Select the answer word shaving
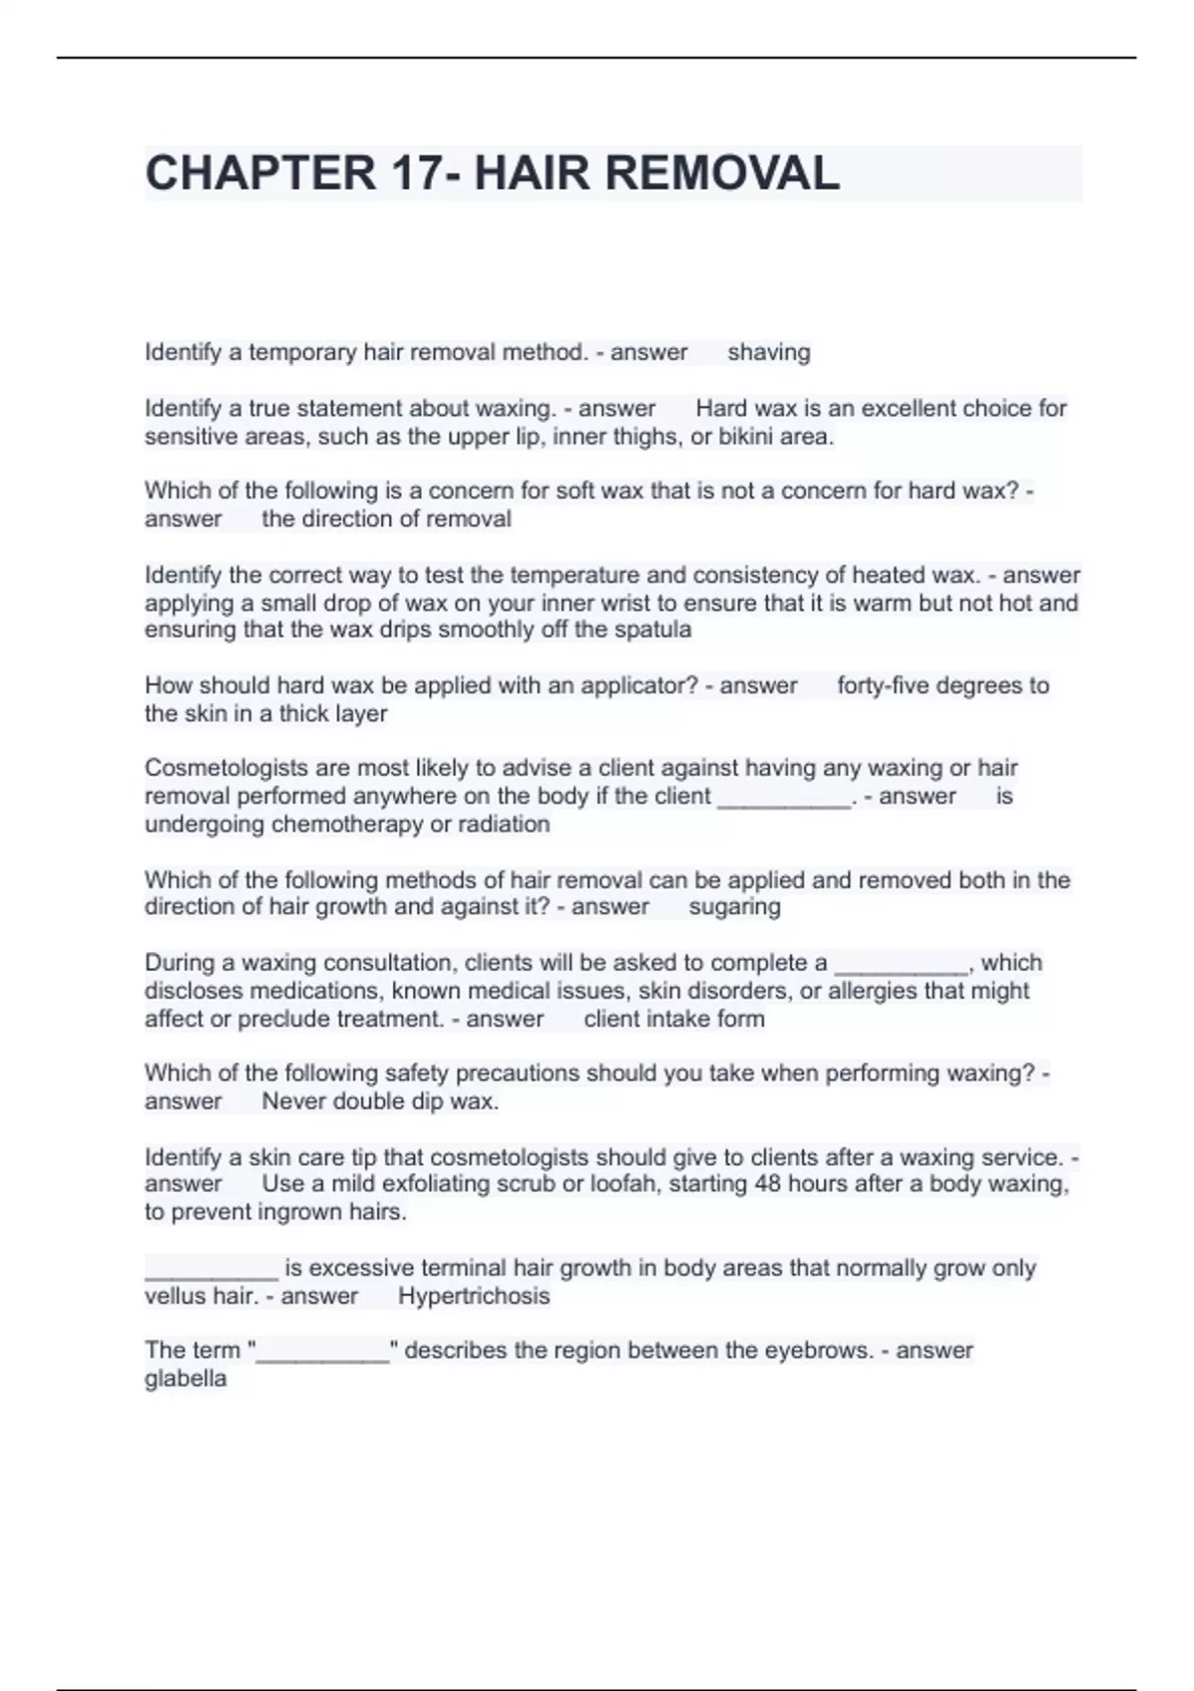tap(768, 352)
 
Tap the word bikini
tap(736, 436)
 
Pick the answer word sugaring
tap(734, 906)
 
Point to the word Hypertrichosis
tap(474, 1296)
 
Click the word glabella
tap(185, 1379)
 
